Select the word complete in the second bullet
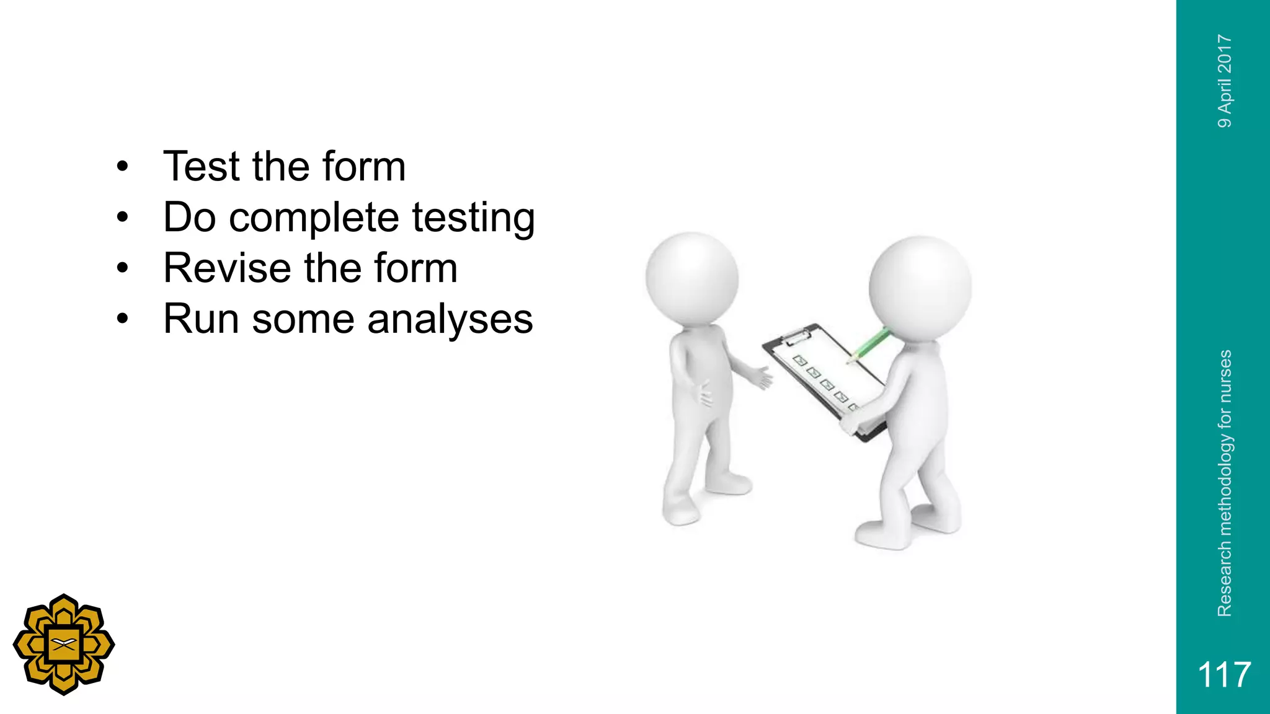pyautogui.click(x=314, y=218)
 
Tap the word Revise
pyautogui.click(x=227, y=268)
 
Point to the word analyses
pyautogui.click(x=450, y=319)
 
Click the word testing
pyautogui.click(x=473, y=218)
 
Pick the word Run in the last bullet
pyautogui.click(x=201, y=319)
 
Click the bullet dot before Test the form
pyautogui.click(x=123, y=167)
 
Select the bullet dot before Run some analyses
pyautogui.click(x=123, y=320)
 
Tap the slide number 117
pyautogui.click(x=1223, y=674)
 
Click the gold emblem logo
pyautogui.click(x=64, y=645)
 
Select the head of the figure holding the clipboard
pyautogui.click(x=920, y=287)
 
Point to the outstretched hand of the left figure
pyautogui.click(x=762, y=377)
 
